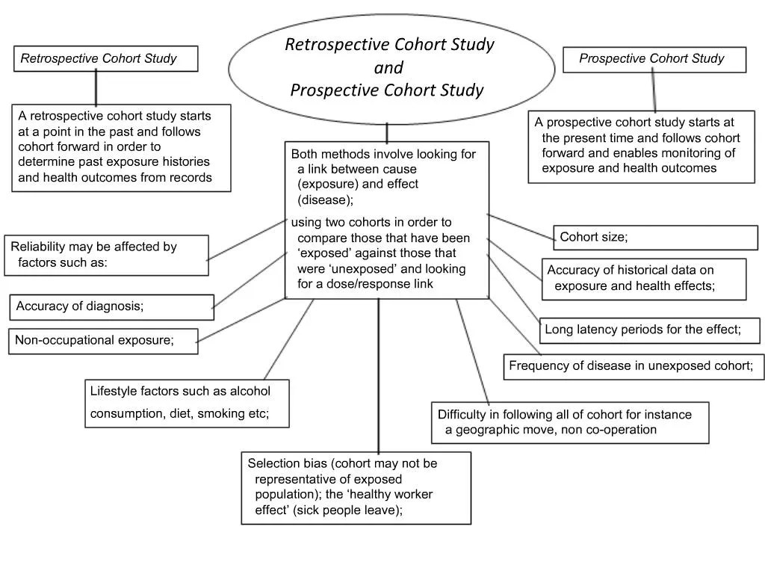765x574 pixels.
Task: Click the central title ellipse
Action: [x=391, y=68]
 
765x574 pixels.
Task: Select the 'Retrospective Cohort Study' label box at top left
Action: [x=105, y=59]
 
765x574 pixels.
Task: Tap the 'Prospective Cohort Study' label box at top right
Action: [x=654, y=60]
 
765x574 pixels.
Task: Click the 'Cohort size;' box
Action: [x=654, y=238]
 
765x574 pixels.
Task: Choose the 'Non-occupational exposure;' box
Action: [x=104, y=341]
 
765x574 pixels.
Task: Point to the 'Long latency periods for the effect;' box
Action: [x=649, y=330]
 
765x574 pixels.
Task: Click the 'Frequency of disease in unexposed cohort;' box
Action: [x=634, y=366]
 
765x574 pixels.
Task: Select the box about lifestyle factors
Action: [x=187, y=403]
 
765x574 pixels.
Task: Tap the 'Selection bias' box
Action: [x=356, y=487]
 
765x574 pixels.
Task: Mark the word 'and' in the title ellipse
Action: [x=388, y=68]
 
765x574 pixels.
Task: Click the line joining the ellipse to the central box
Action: [x=387, y=132]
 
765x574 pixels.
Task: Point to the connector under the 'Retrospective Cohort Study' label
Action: [x=96, y=87]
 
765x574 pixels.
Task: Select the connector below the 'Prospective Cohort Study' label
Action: [x=654, y=92]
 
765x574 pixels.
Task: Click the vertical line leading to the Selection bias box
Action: [x=378, y=374]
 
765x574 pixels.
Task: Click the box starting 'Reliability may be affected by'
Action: [x=106, y=255]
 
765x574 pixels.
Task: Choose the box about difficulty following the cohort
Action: [x=570, y=422]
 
